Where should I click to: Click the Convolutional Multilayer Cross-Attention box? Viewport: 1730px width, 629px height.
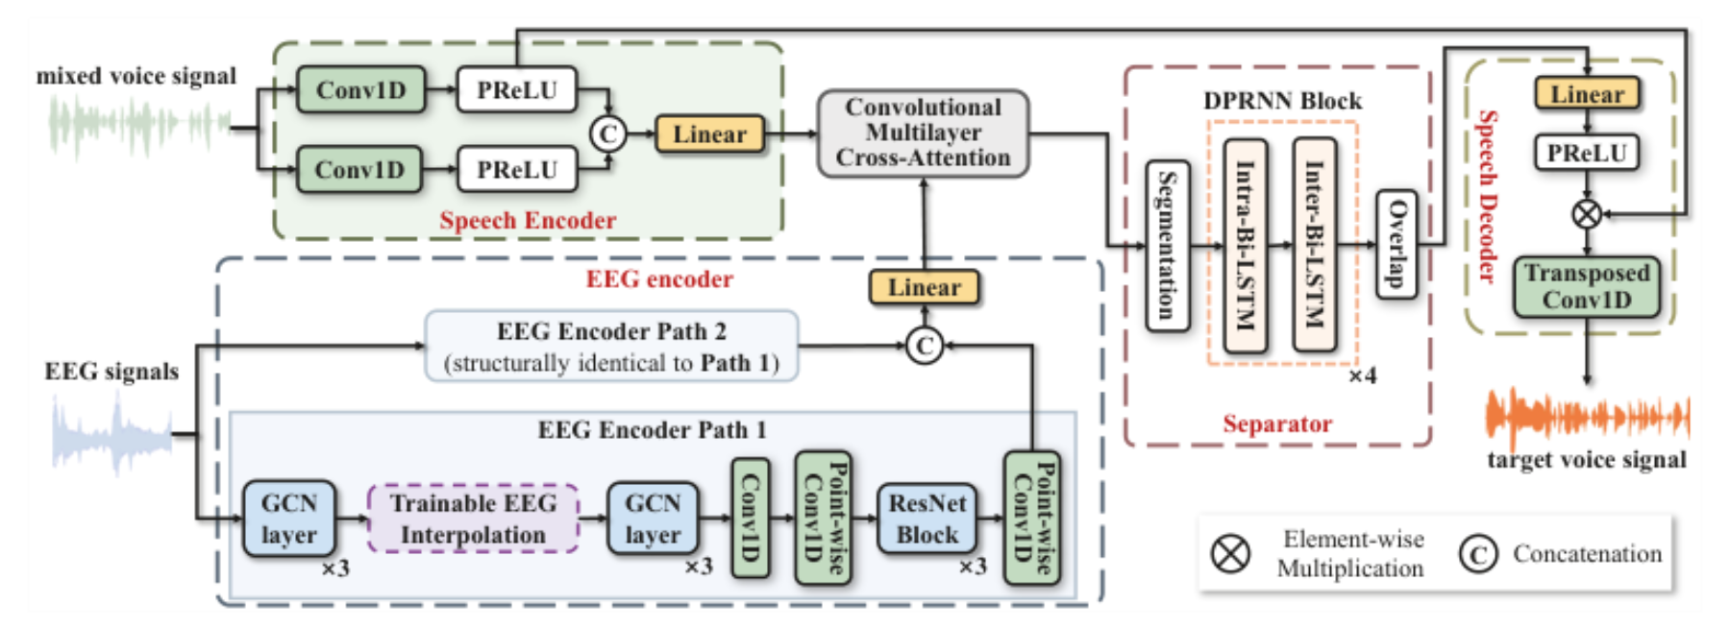[x=923, y=133]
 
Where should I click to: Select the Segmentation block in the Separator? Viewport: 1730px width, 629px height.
[x=1168, y=246]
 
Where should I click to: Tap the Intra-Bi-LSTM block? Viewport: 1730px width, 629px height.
[x=1245, y=245]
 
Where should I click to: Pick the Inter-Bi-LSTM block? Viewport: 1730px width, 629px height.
[x=1314, y=245]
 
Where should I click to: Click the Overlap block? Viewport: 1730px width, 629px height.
[x=1396, y=244]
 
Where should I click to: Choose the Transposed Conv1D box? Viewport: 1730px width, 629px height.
[x=1586, y=286]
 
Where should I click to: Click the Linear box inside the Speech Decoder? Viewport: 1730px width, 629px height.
[x=1587, y=94]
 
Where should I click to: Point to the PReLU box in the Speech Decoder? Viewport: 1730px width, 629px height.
[x=1586, y=152]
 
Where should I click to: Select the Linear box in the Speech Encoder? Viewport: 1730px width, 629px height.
[x=709, y=133]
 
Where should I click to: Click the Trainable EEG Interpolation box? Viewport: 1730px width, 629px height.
[x=473, y=519]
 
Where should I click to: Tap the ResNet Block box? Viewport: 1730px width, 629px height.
[x=927, y=519]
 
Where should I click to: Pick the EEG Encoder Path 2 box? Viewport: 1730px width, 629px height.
[x=611, y=346]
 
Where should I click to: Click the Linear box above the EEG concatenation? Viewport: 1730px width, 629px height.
[x=924, y=287]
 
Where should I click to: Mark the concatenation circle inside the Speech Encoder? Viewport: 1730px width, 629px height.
[x=607, y=133]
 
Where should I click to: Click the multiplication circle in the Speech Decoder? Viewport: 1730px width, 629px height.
[x=1587, y=213]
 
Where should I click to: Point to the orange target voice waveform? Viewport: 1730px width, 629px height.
[x=1588, y=417]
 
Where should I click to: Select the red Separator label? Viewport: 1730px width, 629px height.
[x=1277, y=423]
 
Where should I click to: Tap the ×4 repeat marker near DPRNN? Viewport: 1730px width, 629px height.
[x=1362, y=375]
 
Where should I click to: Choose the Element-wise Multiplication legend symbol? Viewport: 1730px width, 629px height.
[x=1230, y=553]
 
